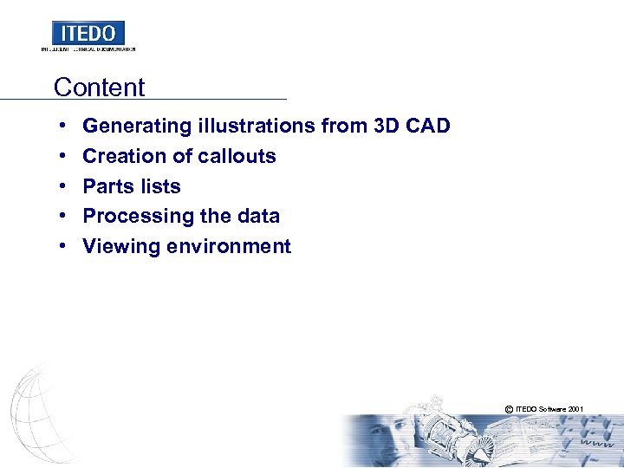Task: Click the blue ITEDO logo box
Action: click(88, 33)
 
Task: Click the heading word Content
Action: click(99, 88)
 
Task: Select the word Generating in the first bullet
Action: click(136, 127)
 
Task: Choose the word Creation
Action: click(121, 156)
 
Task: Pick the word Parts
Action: click(107, 186)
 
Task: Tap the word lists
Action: click(160, 186)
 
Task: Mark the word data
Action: click(257, 217)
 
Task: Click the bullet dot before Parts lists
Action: click(65, 186)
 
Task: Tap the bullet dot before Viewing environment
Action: click(65, 246)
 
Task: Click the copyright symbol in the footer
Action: click(508, 407)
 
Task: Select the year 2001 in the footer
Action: click(575, 407)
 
